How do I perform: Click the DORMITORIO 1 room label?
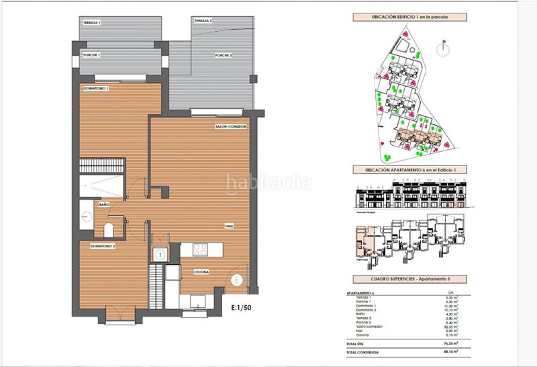96,88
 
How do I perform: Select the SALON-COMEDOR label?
231,126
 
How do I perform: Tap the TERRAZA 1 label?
91,23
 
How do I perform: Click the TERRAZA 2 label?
203,22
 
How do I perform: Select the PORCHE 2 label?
224,54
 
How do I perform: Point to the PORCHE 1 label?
91,54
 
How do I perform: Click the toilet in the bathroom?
109,231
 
